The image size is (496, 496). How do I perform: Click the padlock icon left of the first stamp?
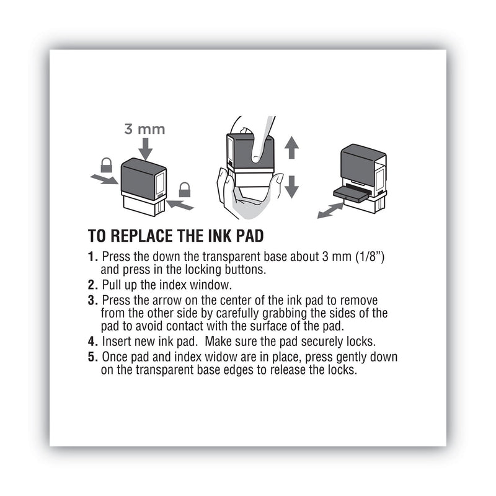[x=106, y=165]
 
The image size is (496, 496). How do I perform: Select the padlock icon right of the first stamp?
[x=184, y=189]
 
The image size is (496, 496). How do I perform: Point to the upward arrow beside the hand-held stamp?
[x=292, y=147]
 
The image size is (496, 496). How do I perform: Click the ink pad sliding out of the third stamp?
[x=347, y=192]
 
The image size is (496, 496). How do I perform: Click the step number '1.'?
[x=93, y=256]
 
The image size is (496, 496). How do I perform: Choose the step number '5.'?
[x=93, y=358]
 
